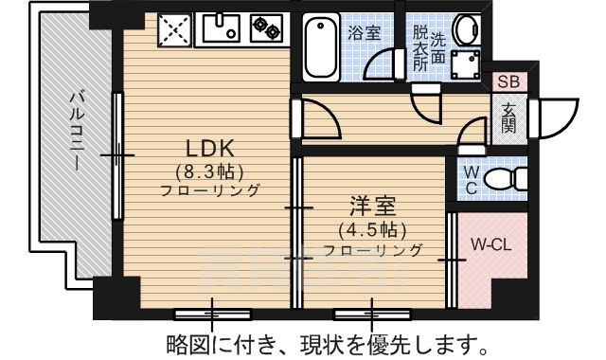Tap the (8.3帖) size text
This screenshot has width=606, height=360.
[x=209, y=171]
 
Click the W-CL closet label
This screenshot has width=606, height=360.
[x=491, y=243]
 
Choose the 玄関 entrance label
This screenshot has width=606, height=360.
[x=508, y=117]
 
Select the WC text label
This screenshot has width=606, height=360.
[x=471, y=180]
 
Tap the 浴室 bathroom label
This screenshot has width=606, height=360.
[x=364, y=32]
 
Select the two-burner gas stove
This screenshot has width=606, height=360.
[x=267, y=29]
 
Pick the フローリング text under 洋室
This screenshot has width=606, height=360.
[x=372, y=251]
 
